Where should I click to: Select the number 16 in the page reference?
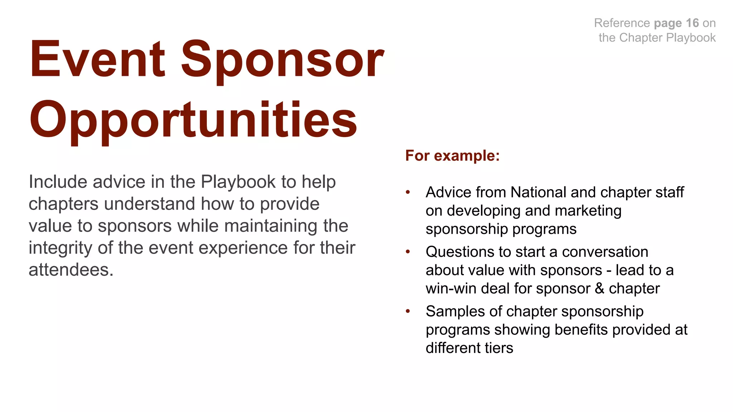[692, 23]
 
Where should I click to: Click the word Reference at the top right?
[622, 23]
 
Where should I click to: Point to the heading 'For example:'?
[452, 156]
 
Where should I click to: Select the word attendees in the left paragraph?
[71, 270]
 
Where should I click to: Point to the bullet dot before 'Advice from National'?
[408, 193]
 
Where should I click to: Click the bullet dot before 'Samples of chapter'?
[408, 312]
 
